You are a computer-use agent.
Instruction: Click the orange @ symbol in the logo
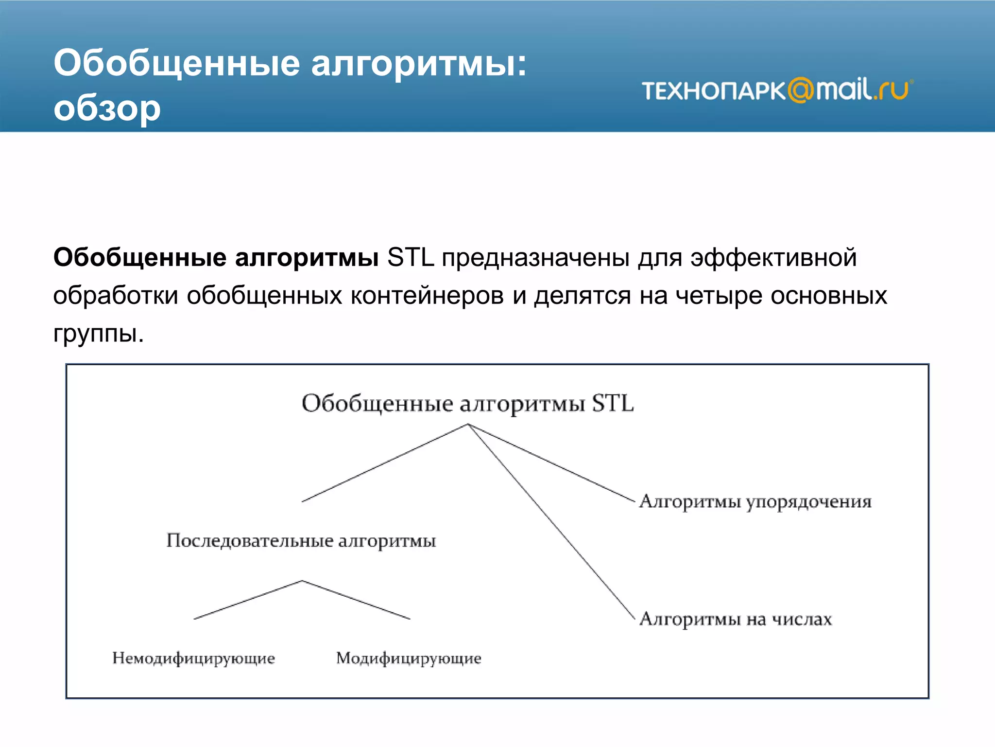click(x=801, y=90)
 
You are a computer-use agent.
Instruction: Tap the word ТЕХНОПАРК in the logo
click(x=713, y=91)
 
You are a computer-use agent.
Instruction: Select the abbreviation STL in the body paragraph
click(x=410, y=257)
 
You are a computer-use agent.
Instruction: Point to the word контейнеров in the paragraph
click(x=427, y=295)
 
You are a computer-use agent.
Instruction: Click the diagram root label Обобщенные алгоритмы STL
click(x=467, y=404)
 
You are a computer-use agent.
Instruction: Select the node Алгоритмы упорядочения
click(x=755, y=501)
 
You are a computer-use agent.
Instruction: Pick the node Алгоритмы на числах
click(x=735, y=619)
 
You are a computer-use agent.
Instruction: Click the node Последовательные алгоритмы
click(x=301, y=541)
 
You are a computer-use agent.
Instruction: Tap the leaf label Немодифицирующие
click(x=193, y=658)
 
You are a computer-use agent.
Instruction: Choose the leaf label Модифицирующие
click(x=409, y=658)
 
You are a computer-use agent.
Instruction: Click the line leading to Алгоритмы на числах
click(x=551, y=521)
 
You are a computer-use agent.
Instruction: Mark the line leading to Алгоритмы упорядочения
click(x=551, y=462)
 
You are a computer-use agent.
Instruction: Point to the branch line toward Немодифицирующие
click(x=248, y=600)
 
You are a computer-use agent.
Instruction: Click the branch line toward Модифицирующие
click(x=356, y=600)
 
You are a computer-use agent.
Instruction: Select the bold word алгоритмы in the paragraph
click(x=307, y=257)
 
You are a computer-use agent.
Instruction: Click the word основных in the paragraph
click(x=829, y=295)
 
